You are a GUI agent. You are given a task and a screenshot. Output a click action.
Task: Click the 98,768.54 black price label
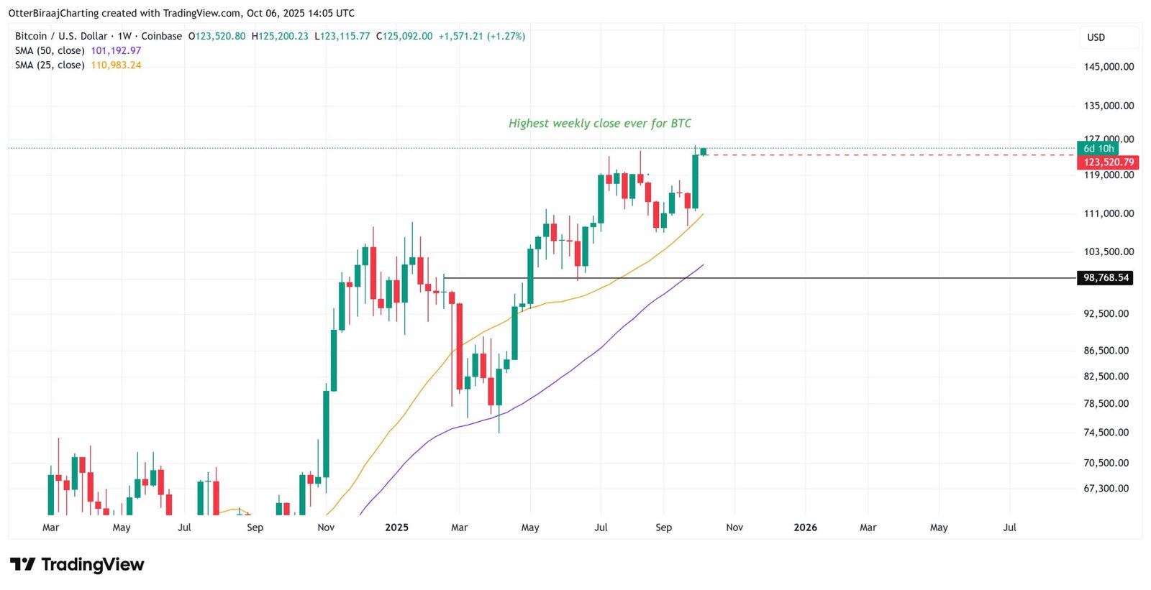[x=1105, y=277]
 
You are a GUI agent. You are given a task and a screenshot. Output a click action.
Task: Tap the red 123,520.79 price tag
[x=1108, y=162]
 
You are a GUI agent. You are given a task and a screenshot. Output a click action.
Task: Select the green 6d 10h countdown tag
[x=1098, y=149]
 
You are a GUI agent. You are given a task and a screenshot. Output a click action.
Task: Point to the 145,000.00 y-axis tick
[x=1109, y=67]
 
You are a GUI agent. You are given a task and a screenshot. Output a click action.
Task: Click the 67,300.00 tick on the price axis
[x=1106, y=489]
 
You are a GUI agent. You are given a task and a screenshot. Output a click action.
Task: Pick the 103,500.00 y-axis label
[x=1109, y=252]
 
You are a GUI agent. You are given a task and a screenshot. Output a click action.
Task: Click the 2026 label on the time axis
[x=805, y=527]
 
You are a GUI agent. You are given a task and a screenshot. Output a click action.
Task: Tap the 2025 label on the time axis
[x=396, y=527]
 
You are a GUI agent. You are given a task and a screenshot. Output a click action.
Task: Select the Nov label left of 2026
[x=734, y=527]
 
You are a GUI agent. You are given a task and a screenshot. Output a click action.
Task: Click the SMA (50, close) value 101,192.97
[x=116, y=51]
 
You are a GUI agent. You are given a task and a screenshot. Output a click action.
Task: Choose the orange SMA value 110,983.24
[x=116, y=65]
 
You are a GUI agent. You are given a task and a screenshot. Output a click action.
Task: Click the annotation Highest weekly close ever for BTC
[x=599, y=124]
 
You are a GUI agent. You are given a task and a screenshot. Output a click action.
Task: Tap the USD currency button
[x=1096, y=37]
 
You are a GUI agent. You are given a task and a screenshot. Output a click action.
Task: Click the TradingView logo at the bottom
[x=77, y=565]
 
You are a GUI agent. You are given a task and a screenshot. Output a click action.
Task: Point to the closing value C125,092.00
[x=404, y=36]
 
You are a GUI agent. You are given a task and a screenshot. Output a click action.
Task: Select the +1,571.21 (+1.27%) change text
[x=481, y=36]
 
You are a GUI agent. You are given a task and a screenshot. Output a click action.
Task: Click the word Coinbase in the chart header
[x=161, y=36]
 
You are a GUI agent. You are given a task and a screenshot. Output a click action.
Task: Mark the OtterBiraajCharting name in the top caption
[x=53, y=13]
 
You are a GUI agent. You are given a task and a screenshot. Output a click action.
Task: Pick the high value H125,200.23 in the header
[x=280, y=36]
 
